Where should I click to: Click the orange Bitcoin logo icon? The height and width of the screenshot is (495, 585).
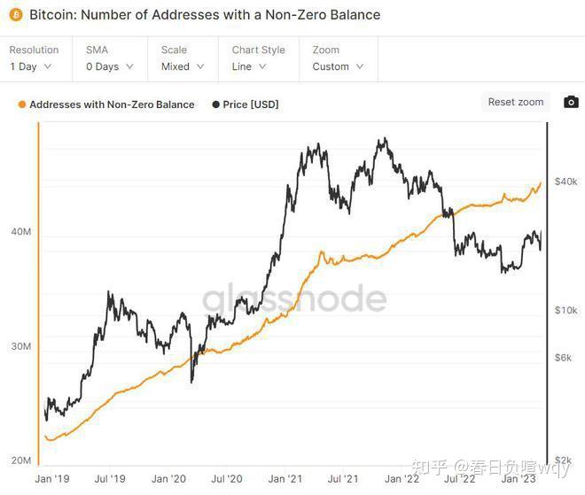(15, 15)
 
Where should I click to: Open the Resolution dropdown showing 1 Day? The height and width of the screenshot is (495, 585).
(31, 66)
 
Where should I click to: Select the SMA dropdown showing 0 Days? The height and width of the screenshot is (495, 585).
(109, 66)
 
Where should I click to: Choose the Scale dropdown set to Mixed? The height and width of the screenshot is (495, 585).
(182, 66)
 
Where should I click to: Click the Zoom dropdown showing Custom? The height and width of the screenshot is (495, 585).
(338, 66)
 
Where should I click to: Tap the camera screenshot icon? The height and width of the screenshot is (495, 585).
(571, 103)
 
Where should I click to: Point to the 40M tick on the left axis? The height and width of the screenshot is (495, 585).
(20, 232)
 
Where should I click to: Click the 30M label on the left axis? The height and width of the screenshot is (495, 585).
(20, 346)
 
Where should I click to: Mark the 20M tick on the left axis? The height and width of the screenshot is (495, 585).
(20, 460)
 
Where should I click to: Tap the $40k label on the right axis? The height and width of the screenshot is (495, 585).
(565, 182)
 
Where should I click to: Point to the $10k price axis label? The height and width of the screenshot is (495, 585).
(565, 310)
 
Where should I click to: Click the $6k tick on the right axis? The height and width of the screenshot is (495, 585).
(564, 357)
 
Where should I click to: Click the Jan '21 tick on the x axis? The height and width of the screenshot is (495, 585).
(285, 479)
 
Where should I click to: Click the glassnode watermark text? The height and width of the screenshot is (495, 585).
(294, 299)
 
